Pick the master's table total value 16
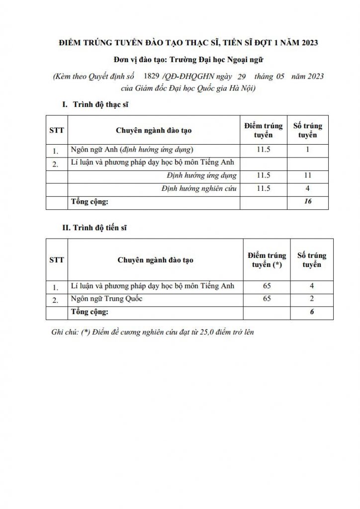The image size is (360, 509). point(308,202)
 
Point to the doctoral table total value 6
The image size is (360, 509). point(312,312)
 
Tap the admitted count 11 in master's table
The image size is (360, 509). point(308,175)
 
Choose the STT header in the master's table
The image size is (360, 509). point(56,130)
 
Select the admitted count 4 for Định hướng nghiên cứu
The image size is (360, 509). point(308,189)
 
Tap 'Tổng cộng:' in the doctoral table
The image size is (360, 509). point(89,312)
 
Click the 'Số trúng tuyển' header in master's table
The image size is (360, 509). point(308,130)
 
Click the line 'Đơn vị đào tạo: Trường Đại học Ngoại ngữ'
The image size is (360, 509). point(180,60)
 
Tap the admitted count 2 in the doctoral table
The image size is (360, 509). point(312,299)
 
